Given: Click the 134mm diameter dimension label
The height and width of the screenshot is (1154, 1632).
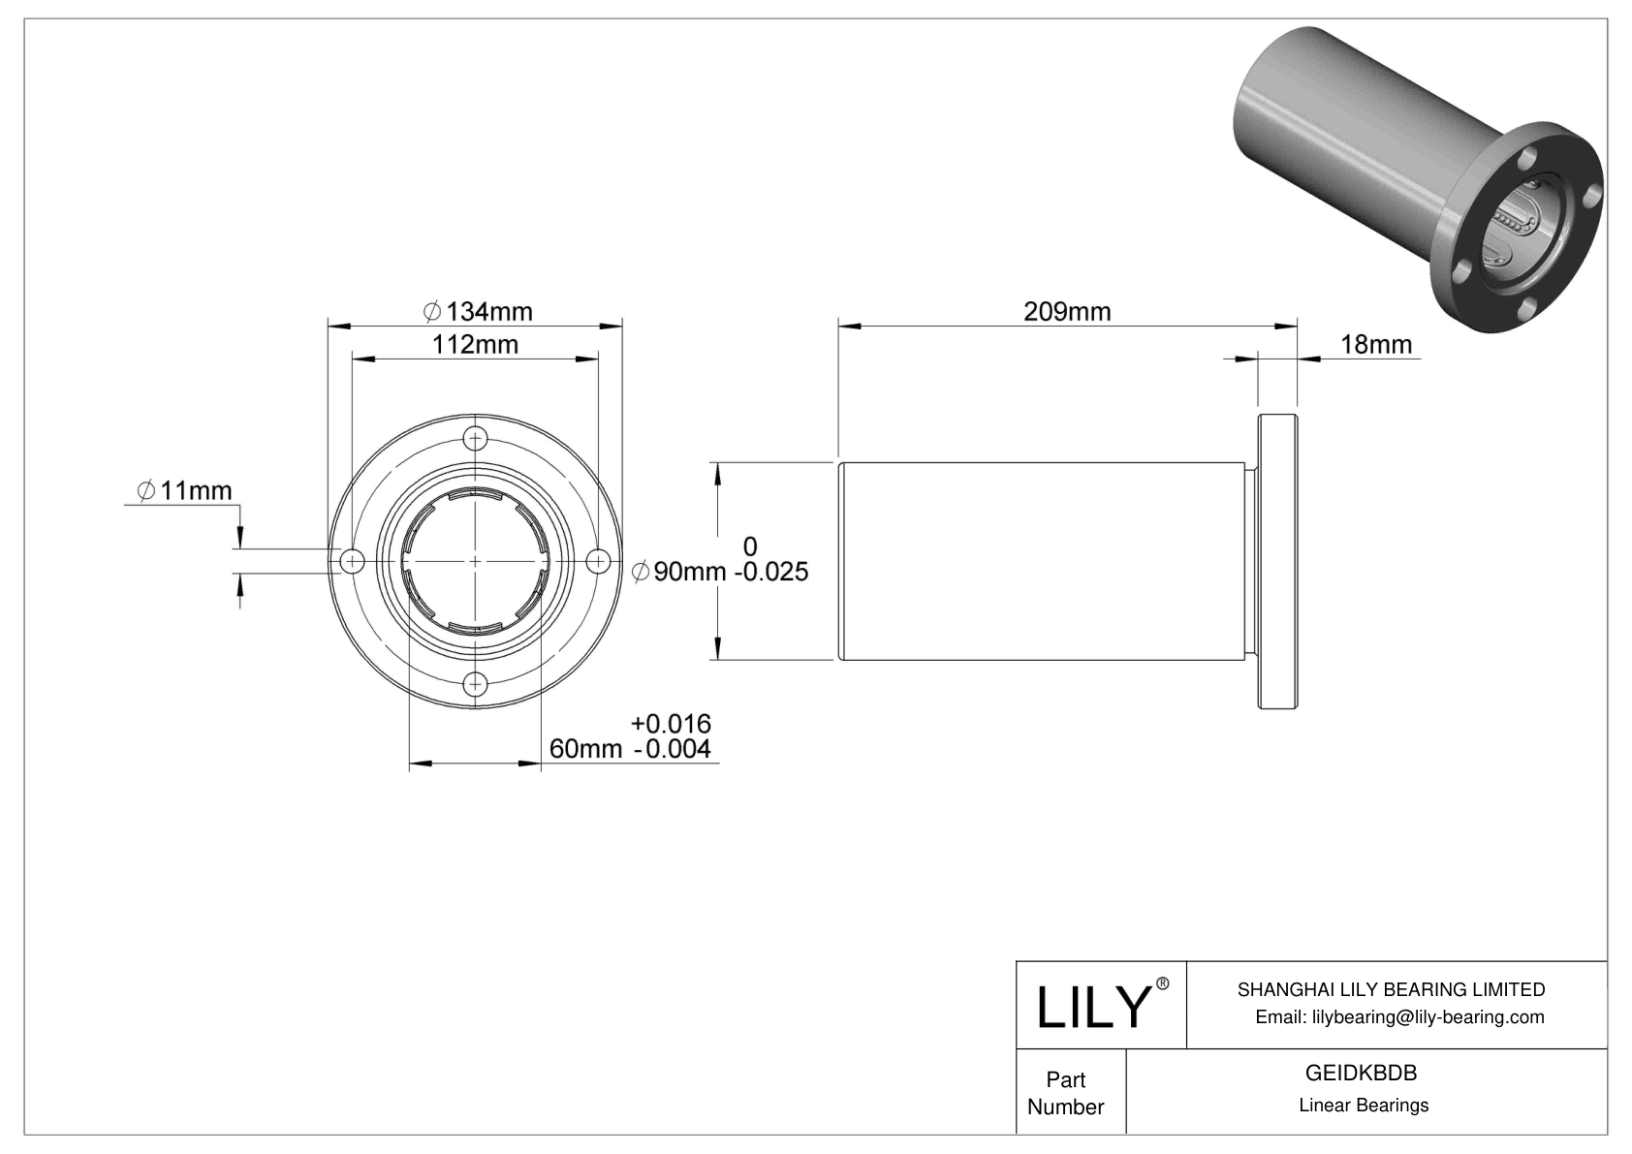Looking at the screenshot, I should (479, 311).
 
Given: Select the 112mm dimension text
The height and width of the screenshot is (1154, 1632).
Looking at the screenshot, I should (475, 345).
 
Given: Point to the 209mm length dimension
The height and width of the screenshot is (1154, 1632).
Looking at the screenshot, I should (1067, 311).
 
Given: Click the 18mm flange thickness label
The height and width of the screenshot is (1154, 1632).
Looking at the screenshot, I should (1375, 344).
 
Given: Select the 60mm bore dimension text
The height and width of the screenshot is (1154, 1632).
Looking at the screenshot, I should (585, 749).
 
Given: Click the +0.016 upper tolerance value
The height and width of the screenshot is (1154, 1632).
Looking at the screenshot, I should (671, 723).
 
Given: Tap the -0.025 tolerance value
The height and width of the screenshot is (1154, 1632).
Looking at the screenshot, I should (771, 573).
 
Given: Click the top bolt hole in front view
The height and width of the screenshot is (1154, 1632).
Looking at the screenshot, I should (475, 438).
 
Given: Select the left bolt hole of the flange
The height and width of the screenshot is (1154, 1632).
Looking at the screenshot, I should (352, 561).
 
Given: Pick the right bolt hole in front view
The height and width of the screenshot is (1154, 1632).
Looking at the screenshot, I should (598, 561).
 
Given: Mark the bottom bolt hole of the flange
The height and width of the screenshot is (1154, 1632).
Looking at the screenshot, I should (475, 684).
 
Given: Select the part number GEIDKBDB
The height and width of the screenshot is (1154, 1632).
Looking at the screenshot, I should (1361, 1073).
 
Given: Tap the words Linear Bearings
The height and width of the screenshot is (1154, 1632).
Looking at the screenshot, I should (1364, 1106).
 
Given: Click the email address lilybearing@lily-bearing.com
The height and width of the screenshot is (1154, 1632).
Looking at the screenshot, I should (1399, 1016).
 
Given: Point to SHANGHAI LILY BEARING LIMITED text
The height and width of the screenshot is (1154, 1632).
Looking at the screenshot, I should (1391, 989).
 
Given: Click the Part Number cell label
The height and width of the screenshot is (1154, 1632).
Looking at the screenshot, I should (1065, 1093).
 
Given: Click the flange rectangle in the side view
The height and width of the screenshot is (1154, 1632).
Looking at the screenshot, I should (1278, 562).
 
